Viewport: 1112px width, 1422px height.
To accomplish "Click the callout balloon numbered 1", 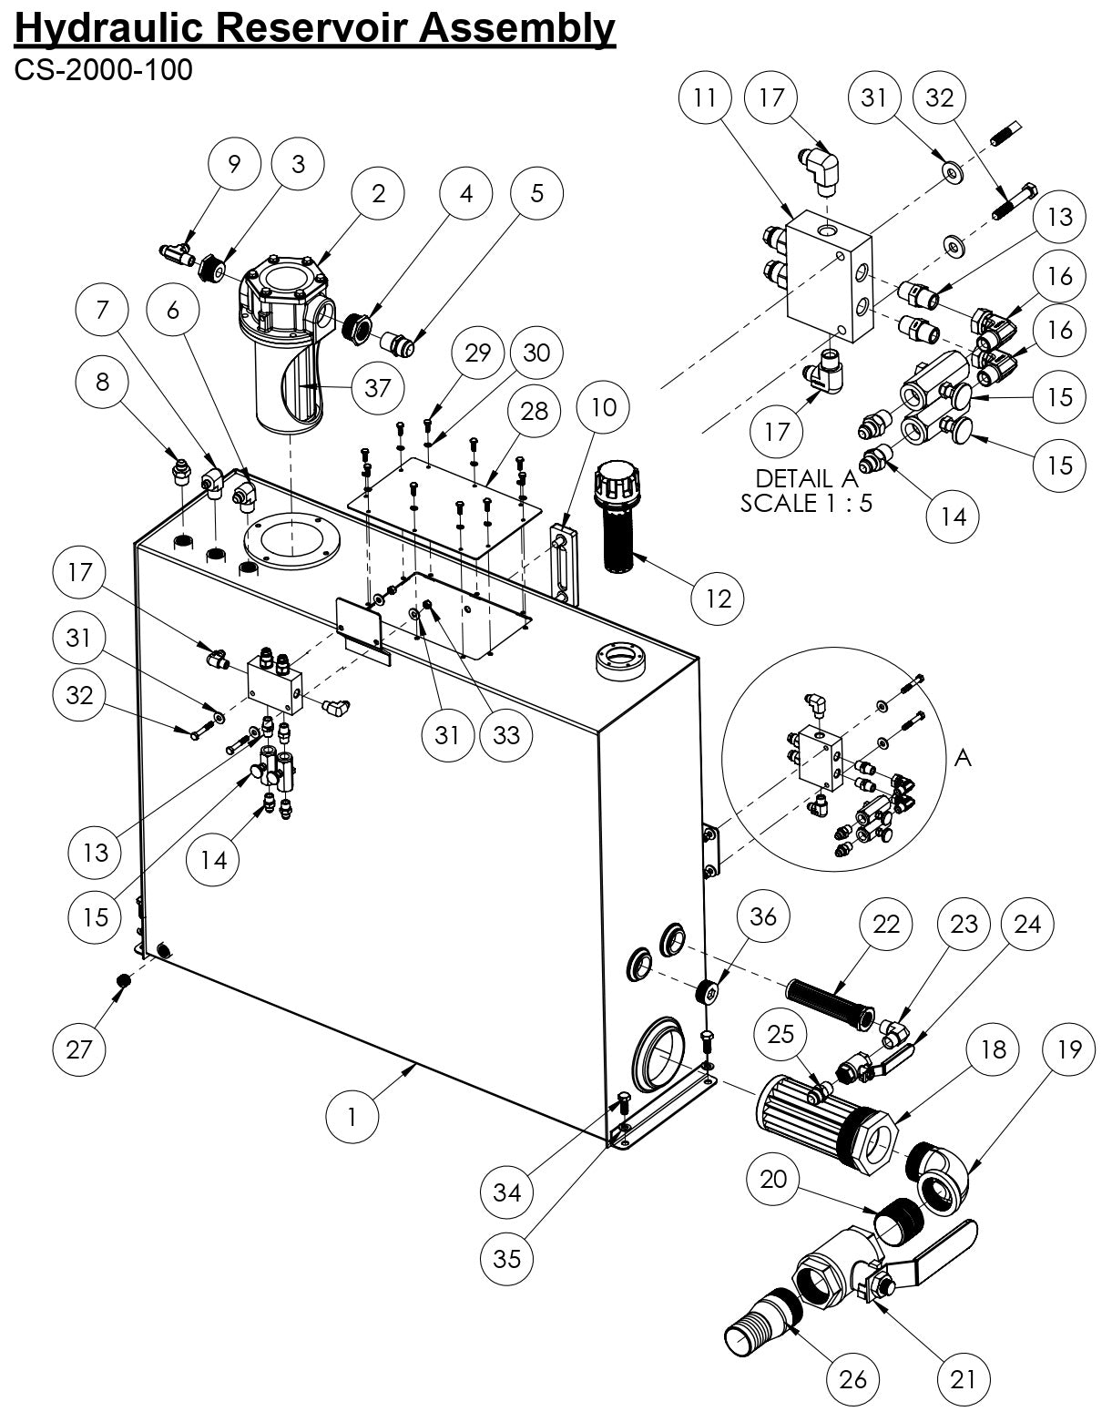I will click(x=352, y=1115).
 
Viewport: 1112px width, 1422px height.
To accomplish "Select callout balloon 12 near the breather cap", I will click(x=718, y=598).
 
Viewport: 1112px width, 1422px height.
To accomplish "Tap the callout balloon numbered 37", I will click(x=377, y=388).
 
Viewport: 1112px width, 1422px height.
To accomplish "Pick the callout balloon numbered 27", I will click(x=79, y=1049).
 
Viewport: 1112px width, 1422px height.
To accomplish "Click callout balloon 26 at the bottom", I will click(x=852, y=1379).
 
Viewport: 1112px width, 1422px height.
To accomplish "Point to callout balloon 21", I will click(x=963, y=1379).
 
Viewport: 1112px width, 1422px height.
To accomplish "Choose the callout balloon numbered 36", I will click(x=763, y=917).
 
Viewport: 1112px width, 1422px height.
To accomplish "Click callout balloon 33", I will click(x=505, y=734).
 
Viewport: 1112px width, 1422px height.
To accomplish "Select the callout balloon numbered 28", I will click(x=535, y=411).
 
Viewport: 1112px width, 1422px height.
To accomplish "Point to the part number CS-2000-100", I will click(x=103, y=70).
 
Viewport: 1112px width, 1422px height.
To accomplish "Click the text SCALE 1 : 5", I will click(x=806, y=503).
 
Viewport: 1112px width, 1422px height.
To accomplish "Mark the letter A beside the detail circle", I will click(x=962, y=758).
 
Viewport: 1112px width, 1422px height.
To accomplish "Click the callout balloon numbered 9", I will click(x=235, y=164).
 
